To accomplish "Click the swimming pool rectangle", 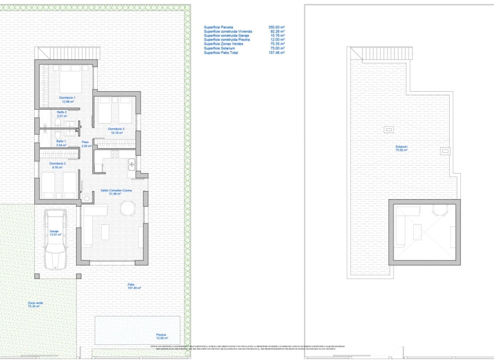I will point(138,329).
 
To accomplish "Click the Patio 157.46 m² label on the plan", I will point(135,286).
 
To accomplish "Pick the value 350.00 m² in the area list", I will point(277,27).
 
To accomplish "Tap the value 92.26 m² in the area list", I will point(277,31).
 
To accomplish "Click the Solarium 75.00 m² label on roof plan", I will point(401,149).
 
